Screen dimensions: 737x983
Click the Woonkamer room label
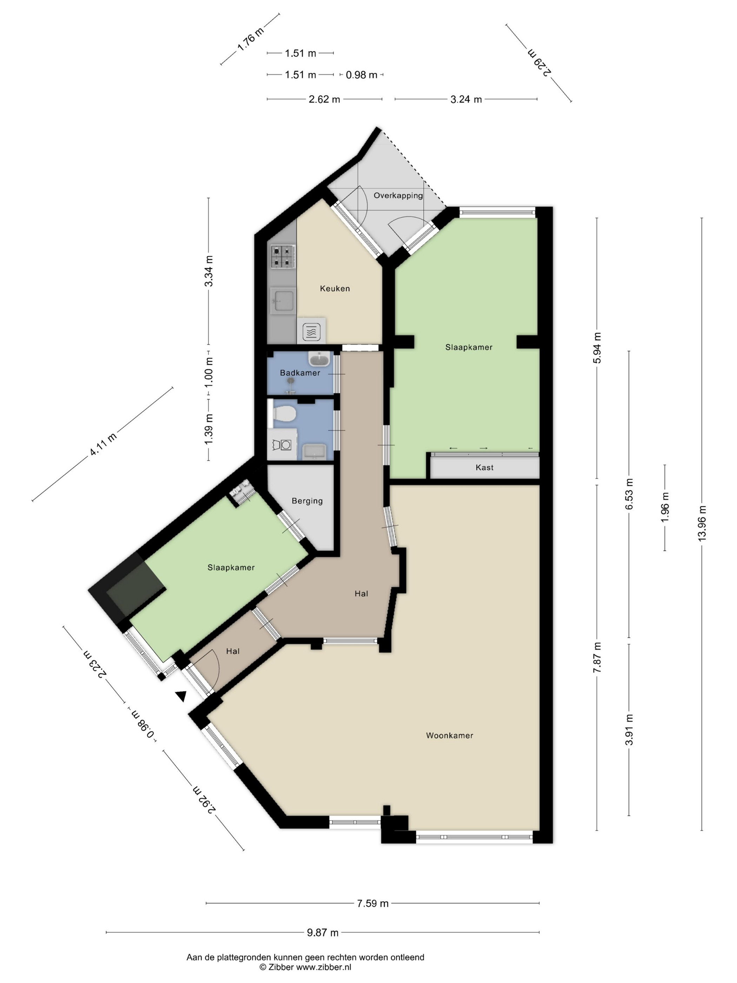pos(449,735)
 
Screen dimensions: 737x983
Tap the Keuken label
pos(334,289)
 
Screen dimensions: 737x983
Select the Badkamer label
pos(300,373)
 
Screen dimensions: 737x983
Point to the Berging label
pos(307,501)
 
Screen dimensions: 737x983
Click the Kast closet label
pos(484,468)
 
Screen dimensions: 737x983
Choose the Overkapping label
pos(398,196)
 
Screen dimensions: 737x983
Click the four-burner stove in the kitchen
pos(283,257)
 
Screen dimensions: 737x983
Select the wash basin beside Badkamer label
pos(319,358)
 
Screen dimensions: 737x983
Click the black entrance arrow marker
pos(180,697)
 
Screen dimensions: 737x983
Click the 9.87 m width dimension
pos(323,932)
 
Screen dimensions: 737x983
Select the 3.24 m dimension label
pos(466,99)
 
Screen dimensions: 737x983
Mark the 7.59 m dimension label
pos(373,903)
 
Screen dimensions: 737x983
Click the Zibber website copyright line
pos(305,966)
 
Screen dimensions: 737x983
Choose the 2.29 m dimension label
pos(540,62)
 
